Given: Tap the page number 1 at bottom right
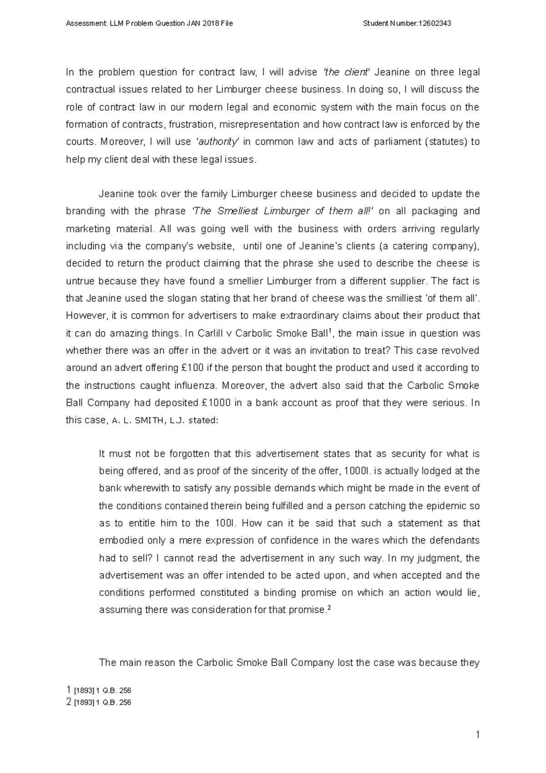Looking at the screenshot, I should [x=477, y=735].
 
